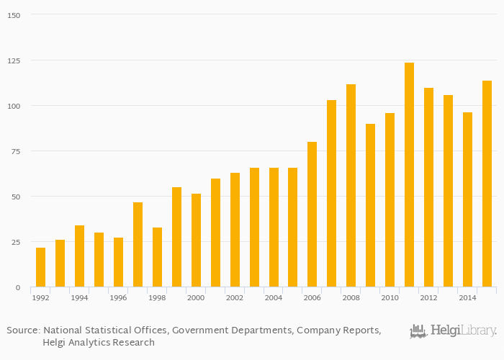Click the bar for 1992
tap(40, 267)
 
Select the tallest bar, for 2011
tap(409, 175)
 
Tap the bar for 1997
tap(138, 245)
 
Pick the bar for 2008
tap(351, 186)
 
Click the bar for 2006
tap(312, 215)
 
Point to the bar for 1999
tap(176, 237)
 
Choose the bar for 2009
tap(370, 205)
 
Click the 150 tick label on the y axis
tap(14, 15)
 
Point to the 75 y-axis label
tap(16, 151)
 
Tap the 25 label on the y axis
tap(16, 242)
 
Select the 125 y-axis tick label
tap(14, 60)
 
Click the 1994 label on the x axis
tap(79, 297)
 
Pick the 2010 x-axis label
tap(390, 297)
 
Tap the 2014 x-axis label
tap(467, 297)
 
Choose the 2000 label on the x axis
tap(196, 297)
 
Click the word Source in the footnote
tap(22, 330)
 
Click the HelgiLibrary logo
tap(453, 331)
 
